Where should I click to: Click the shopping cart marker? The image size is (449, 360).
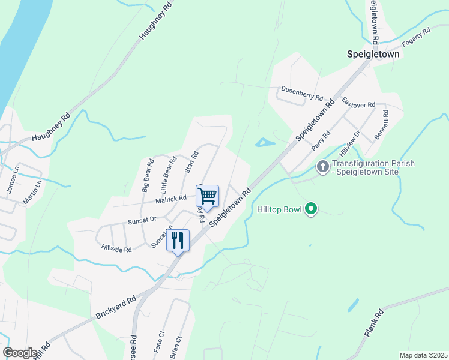pyautogui.click(x=207, y=196)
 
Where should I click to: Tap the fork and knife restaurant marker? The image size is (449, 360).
pyautogui.click(x=178, y=240)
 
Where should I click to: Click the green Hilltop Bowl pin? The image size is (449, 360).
pyautogui.click(x=310, y=209)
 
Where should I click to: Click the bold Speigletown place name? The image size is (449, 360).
pyautogui.click(x=373, y=54)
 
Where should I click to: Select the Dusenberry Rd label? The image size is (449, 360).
pyautogui.click(x=302, y=93)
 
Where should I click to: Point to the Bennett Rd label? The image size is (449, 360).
pyautogui.click(x=381, y=125)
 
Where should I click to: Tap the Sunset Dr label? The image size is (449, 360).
pyautogui.click(x=142, y=221)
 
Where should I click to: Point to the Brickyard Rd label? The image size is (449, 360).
pyautogui.click(x=116, y=306)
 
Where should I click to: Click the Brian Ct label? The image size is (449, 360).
pyautogui.click(x=176, y=344)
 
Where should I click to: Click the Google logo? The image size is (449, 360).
pyautogui.click(x=20, y=353)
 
